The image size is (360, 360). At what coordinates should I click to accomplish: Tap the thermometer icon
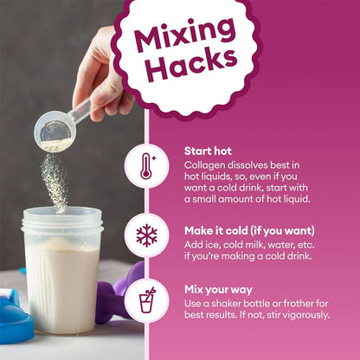147,166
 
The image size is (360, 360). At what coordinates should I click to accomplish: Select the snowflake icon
147,235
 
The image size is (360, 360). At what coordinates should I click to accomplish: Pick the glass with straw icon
147,300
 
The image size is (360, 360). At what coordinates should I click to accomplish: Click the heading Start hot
208,151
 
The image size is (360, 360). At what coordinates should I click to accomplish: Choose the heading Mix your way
218,290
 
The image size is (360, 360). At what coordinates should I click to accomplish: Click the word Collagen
205,165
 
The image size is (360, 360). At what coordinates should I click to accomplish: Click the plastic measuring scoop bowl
55,132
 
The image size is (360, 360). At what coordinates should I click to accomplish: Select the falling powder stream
55,183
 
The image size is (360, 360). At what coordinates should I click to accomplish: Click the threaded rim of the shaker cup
62,222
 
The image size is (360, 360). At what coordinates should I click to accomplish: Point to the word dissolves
247,165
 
